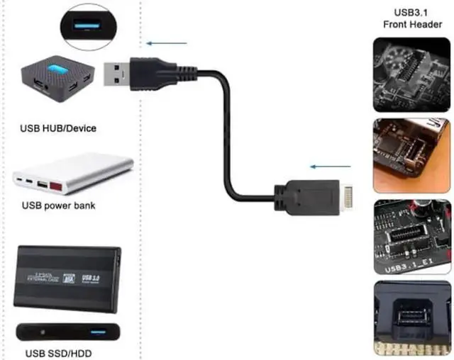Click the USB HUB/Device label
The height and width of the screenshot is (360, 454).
click(58, 128)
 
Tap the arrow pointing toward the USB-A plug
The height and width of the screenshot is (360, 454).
click(167, 43)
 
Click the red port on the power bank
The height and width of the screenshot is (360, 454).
click(54, 186)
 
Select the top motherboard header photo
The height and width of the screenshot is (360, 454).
click(411, 74)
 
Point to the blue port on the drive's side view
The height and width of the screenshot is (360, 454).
click(99, 332)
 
